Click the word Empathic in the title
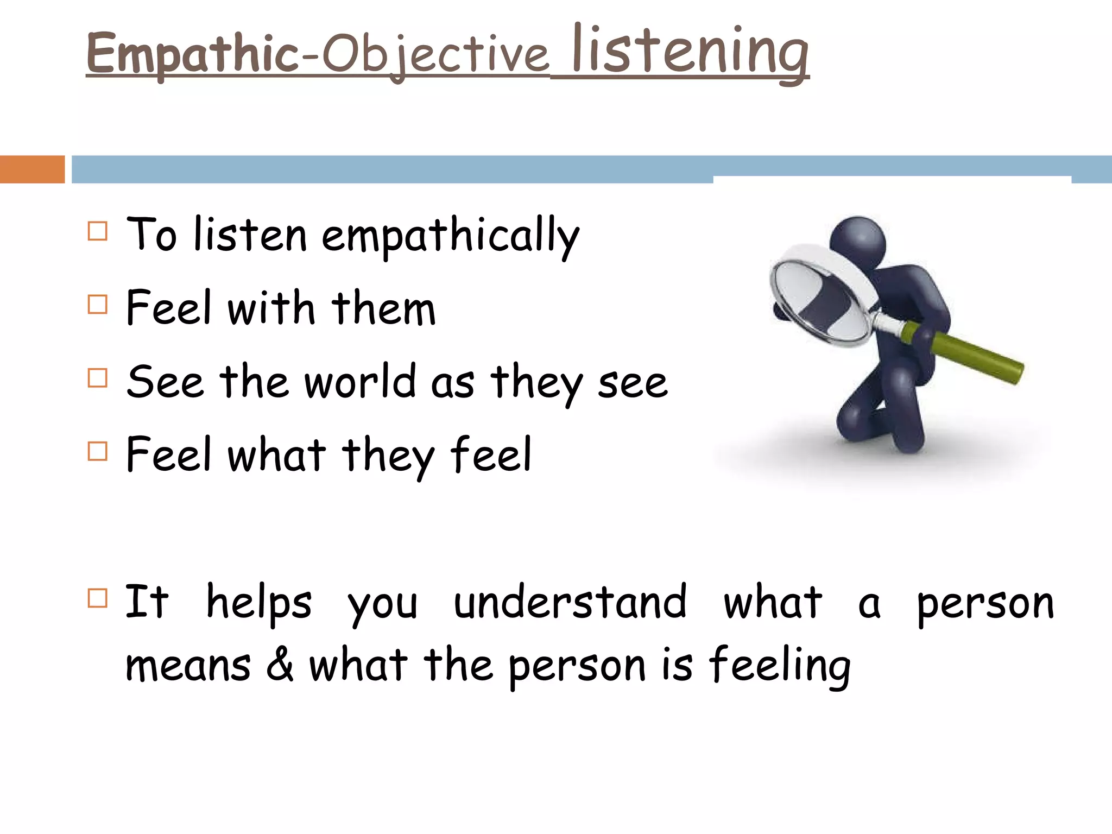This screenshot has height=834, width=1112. click(x=192, y=53)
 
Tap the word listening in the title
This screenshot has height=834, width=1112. click(x=690, y=52)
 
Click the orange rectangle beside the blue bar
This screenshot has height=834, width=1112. click(x=32, y=169)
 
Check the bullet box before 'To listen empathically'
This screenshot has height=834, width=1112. click(x=98, y=231)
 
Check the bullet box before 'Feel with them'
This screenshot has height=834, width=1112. click(x=98, y=305)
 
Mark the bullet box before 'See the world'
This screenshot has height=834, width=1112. click(x=98, y=378)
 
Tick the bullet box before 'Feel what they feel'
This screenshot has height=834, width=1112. click(x=98, y=451)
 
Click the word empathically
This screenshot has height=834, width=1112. click(x=450, y=236)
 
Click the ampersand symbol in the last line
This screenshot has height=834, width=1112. click(x=280, y=665)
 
